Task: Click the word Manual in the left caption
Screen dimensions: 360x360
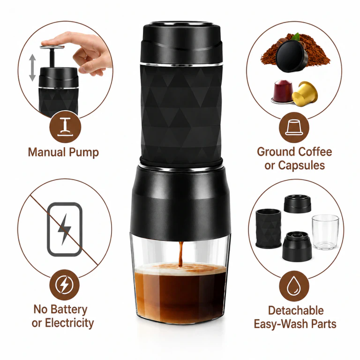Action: [x=47, y=152]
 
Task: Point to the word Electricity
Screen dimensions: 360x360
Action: [x=69, y=323]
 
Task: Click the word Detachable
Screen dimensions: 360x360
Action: [x=296, y=311]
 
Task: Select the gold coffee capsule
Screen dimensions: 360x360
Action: [x=305, y=93]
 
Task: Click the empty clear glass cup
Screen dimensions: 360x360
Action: [x=325, y=232]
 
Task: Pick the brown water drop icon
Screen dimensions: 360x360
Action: [x=294, y=286]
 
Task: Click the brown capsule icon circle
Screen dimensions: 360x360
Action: [x=294, y=127]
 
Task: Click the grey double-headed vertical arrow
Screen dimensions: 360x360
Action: [x=32, y=67]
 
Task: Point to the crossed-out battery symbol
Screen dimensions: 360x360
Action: [x=65, y=229]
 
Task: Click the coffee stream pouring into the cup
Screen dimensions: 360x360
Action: [x=180, y=254]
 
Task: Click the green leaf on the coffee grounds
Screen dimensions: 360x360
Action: [x=297, y=37]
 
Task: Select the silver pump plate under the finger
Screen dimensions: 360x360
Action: [x=52, y=47]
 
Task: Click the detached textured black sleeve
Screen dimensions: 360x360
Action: [x=269, y=229]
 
